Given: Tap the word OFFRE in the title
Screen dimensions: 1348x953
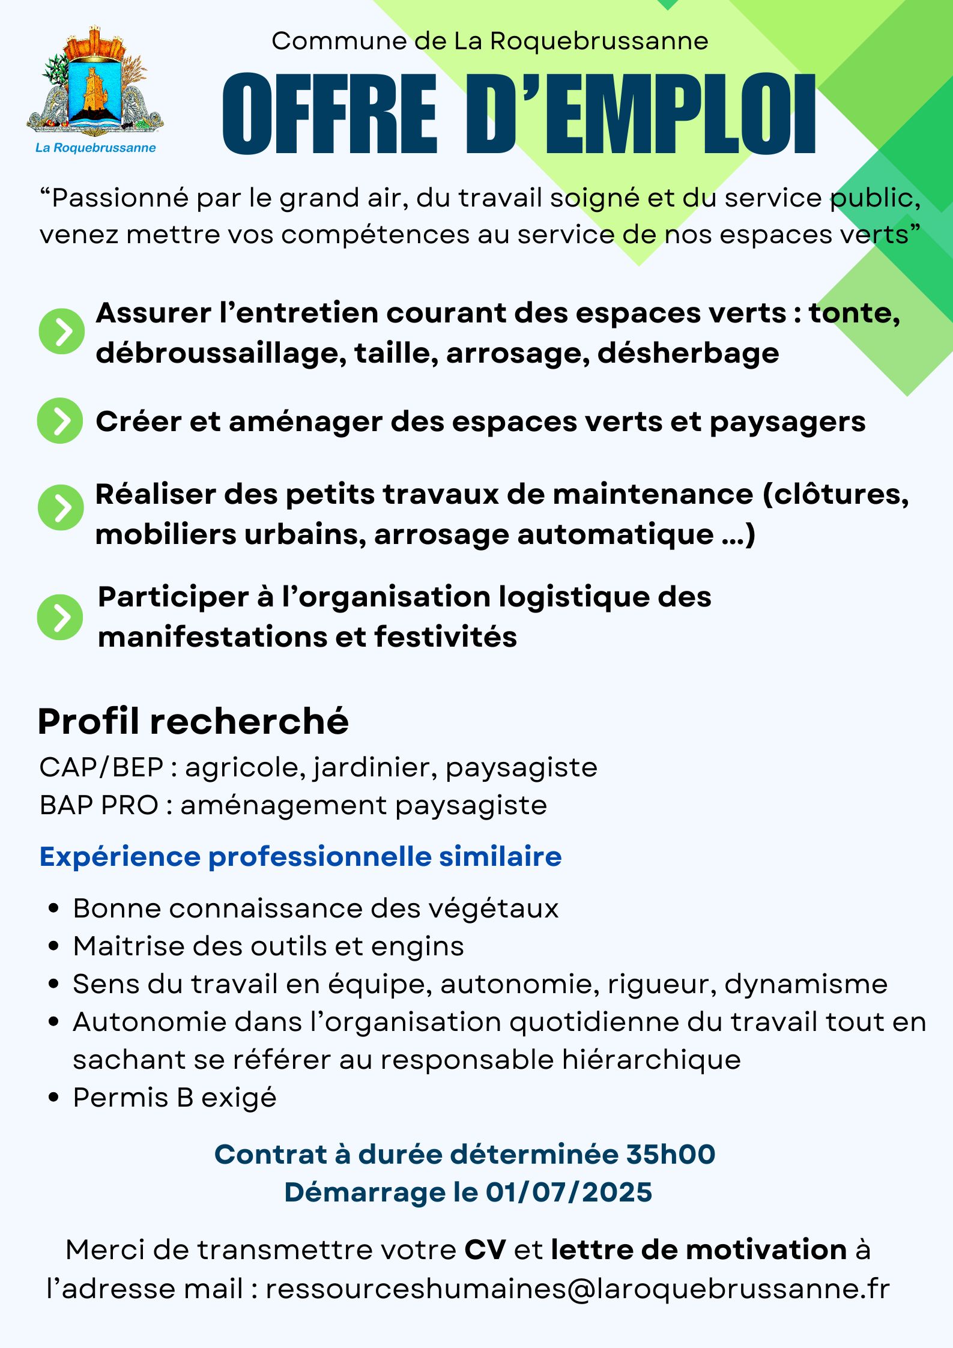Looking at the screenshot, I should pos(330,115).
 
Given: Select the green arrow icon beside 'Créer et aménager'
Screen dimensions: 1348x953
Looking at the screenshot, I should pos(60,421).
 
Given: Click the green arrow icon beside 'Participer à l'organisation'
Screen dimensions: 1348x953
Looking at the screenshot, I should pos(60,617).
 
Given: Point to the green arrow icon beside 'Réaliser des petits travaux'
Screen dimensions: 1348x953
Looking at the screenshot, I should pos(60,507).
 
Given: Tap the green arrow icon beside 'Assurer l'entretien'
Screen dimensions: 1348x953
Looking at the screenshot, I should pos(61,331).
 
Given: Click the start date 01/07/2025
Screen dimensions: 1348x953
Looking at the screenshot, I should pos(569,1192).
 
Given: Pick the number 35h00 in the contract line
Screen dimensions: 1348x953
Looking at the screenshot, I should pos(670,1153).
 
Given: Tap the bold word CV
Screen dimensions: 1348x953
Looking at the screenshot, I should pos(485,1250).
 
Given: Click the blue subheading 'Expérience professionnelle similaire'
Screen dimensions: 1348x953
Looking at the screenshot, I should pos(300,856).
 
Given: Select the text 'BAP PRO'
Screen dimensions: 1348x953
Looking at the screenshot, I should pos(98,805).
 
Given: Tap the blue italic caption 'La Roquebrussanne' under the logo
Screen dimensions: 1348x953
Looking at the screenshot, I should pos(95,148).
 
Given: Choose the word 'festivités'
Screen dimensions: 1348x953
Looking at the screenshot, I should pos(446,637).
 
